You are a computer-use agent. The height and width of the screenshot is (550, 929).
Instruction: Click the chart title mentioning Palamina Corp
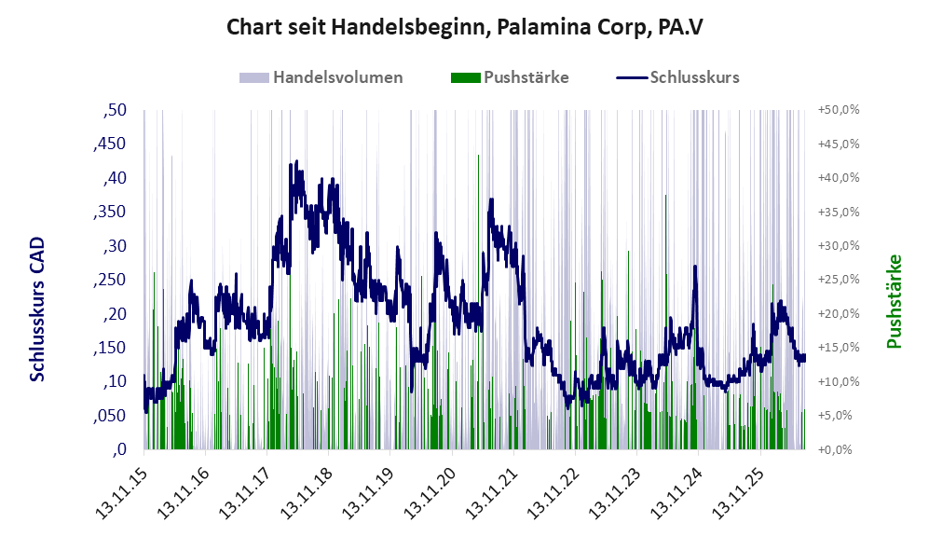point(464,27)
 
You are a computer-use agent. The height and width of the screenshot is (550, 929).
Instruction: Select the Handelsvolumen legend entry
point(321,77)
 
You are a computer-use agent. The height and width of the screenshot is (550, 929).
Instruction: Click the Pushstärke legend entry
point(510,77)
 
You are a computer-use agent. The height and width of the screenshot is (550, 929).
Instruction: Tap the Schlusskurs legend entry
point(677,77)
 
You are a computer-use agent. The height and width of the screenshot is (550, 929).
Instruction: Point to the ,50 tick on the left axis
point(115,110)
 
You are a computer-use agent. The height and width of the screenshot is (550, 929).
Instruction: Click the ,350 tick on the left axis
point(110,213)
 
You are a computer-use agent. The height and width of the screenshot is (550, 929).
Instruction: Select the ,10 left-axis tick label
point(115,381)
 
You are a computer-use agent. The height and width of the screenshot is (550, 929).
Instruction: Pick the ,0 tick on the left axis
point(119,449)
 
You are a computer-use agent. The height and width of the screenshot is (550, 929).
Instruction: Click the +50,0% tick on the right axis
point(839,110)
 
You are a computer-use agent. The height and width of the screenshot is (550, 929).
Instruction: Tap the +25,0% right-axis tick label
point(839,279)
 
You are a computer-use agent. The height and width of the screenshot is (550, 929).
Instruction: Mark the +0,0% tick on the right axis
point(836,450)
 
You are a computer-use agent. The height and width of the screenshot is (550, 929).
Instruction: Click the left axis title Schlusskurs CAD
point(37,309)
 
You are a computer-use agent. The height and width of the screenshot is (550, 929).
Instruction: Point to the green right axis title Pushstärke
point(895,302)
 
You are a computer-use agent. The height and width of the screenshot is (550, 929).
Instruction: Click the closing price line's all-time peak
point(296,160)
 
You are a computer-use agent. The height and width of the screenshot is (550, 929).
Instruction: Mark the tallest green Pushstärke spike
point(479,156)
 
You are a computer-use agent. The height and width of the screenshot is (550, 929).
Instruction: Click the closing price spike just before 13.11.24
point(695,266)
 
